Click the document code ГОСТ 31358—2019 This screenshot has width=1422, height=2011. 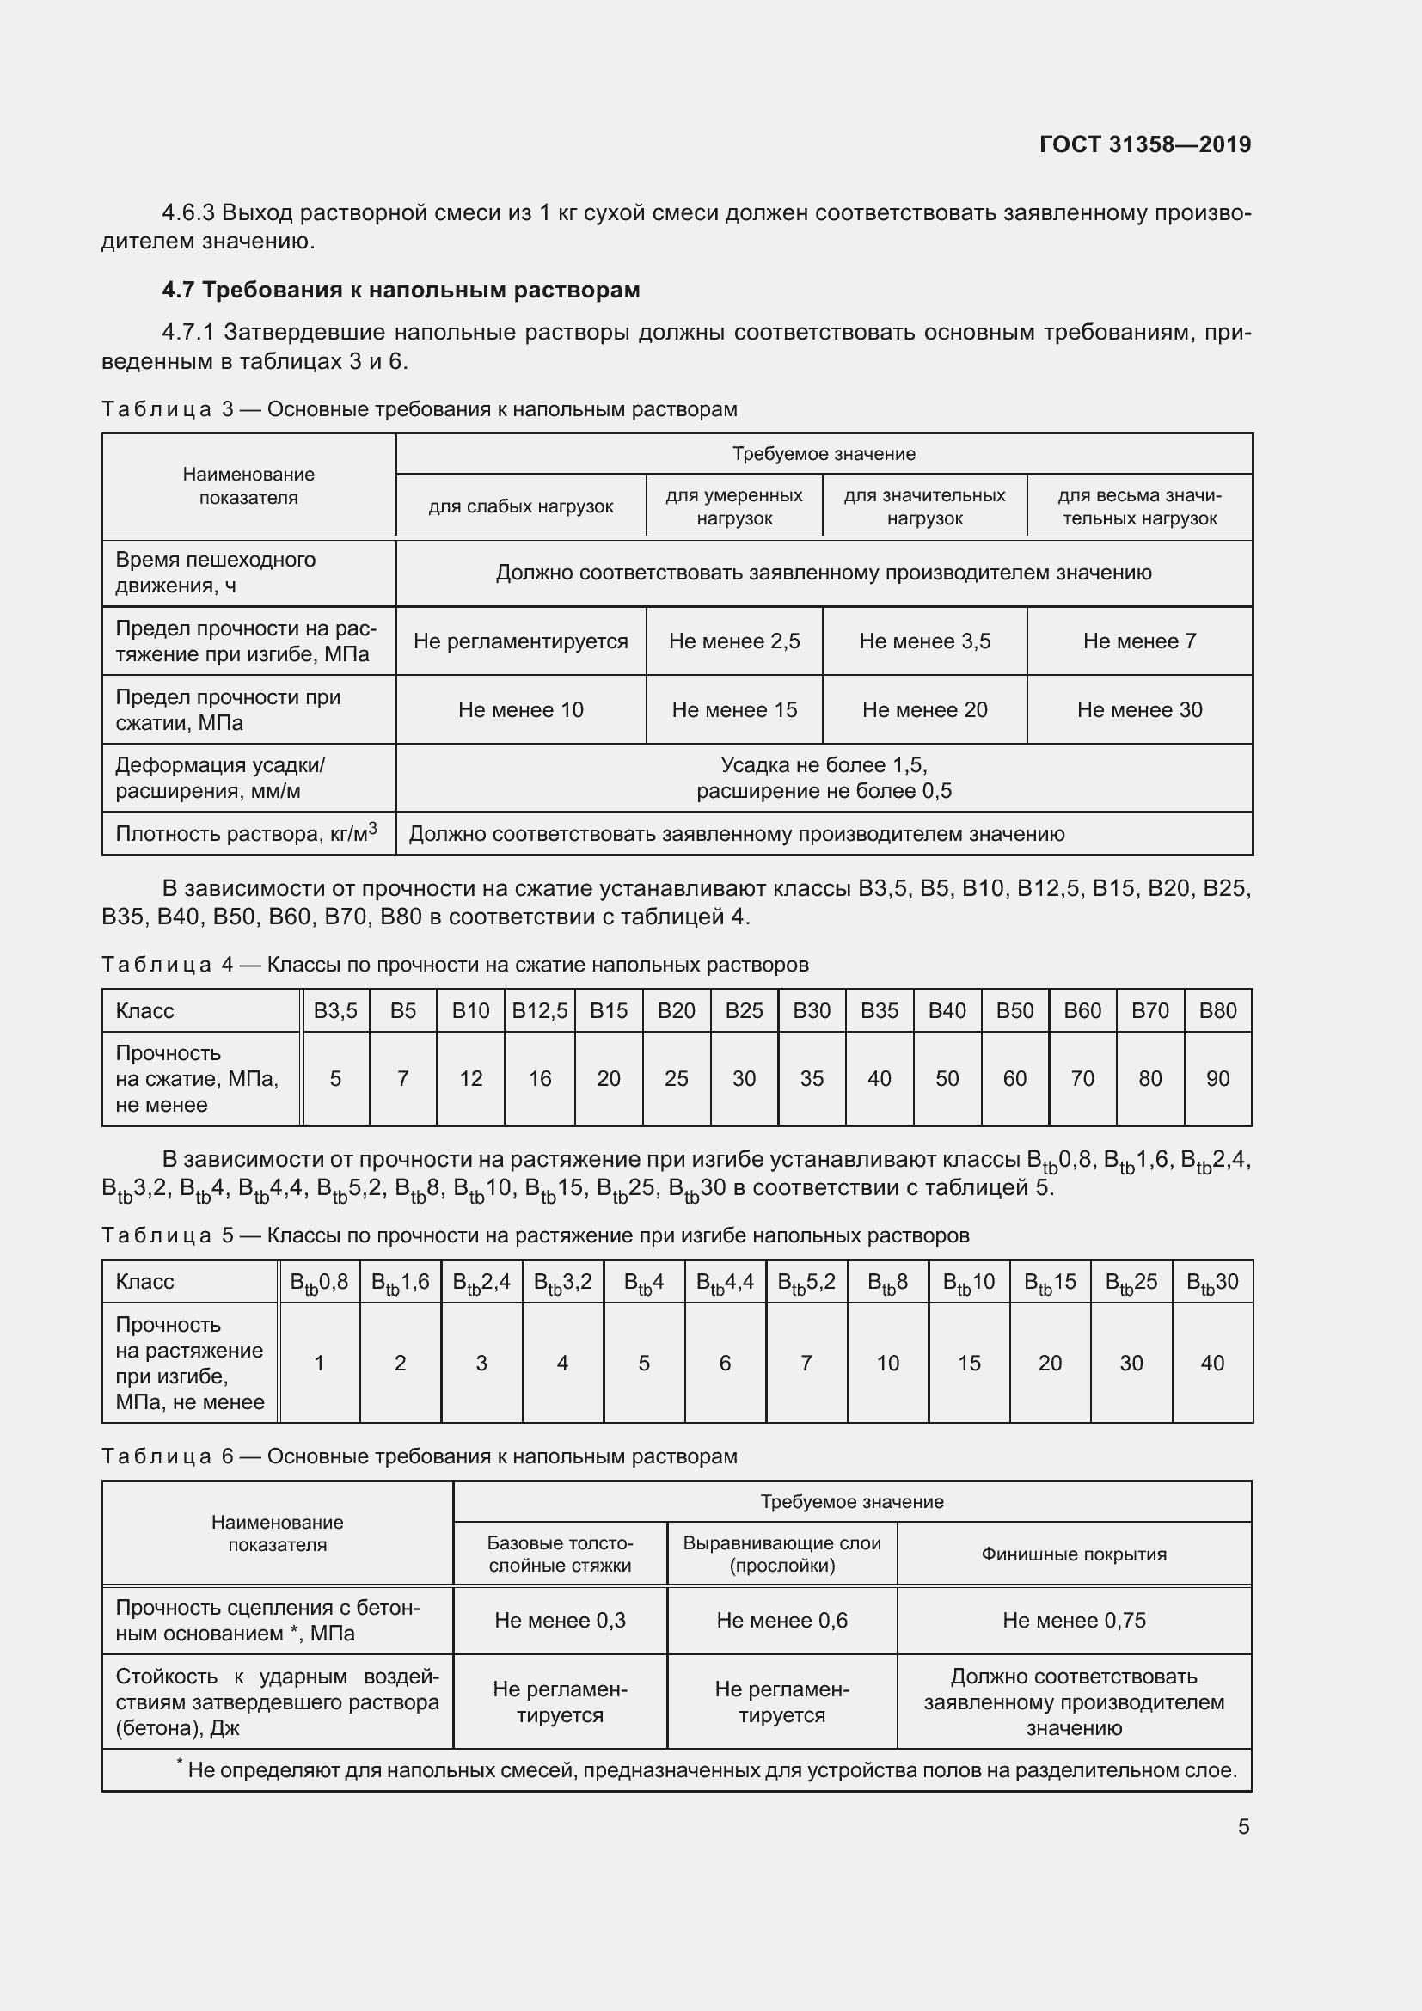[1144, 144]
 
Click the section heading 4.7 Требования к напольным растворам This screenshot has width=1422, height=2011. [401, 290]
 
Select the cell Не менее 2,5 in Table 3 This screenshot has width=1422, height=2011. [733, 641]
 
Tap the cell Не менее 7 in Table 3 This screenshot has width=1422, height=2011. [1138, 641]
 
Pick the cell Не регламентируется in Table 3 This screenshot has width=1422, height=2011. [520, 641]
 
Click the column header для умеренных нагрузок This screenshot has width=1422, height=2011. [733, 506]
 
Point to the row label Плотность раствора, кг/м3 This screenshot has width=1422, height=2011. [246, 833]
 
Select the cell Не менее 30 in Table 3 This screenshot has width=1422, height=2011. [1138, 709]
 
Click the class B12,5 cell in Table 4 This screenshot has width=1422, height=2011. [539, 1011]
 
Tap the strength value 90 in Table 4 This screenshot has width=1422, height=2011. [1217, 1078]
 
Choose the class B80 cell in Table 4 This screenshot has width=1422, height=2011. [1217, 1011]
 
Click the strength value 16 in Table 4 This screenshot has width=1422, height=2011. [539, 1078]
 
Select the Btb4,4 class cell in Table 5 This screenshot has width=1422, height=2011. [724, 1282]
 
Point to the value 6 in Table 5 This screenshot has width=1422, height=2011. [724, 1363]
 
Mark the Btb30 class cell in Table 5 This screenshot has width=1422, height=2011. [1212, 1282]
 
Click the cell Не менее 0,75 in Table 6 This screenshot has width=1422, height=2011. [1074, 1621]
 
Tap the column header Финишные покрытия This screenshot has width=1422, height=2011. [1074, 1554]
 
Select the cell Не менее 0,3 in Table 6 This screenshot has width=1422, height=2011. [560, 1621]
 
